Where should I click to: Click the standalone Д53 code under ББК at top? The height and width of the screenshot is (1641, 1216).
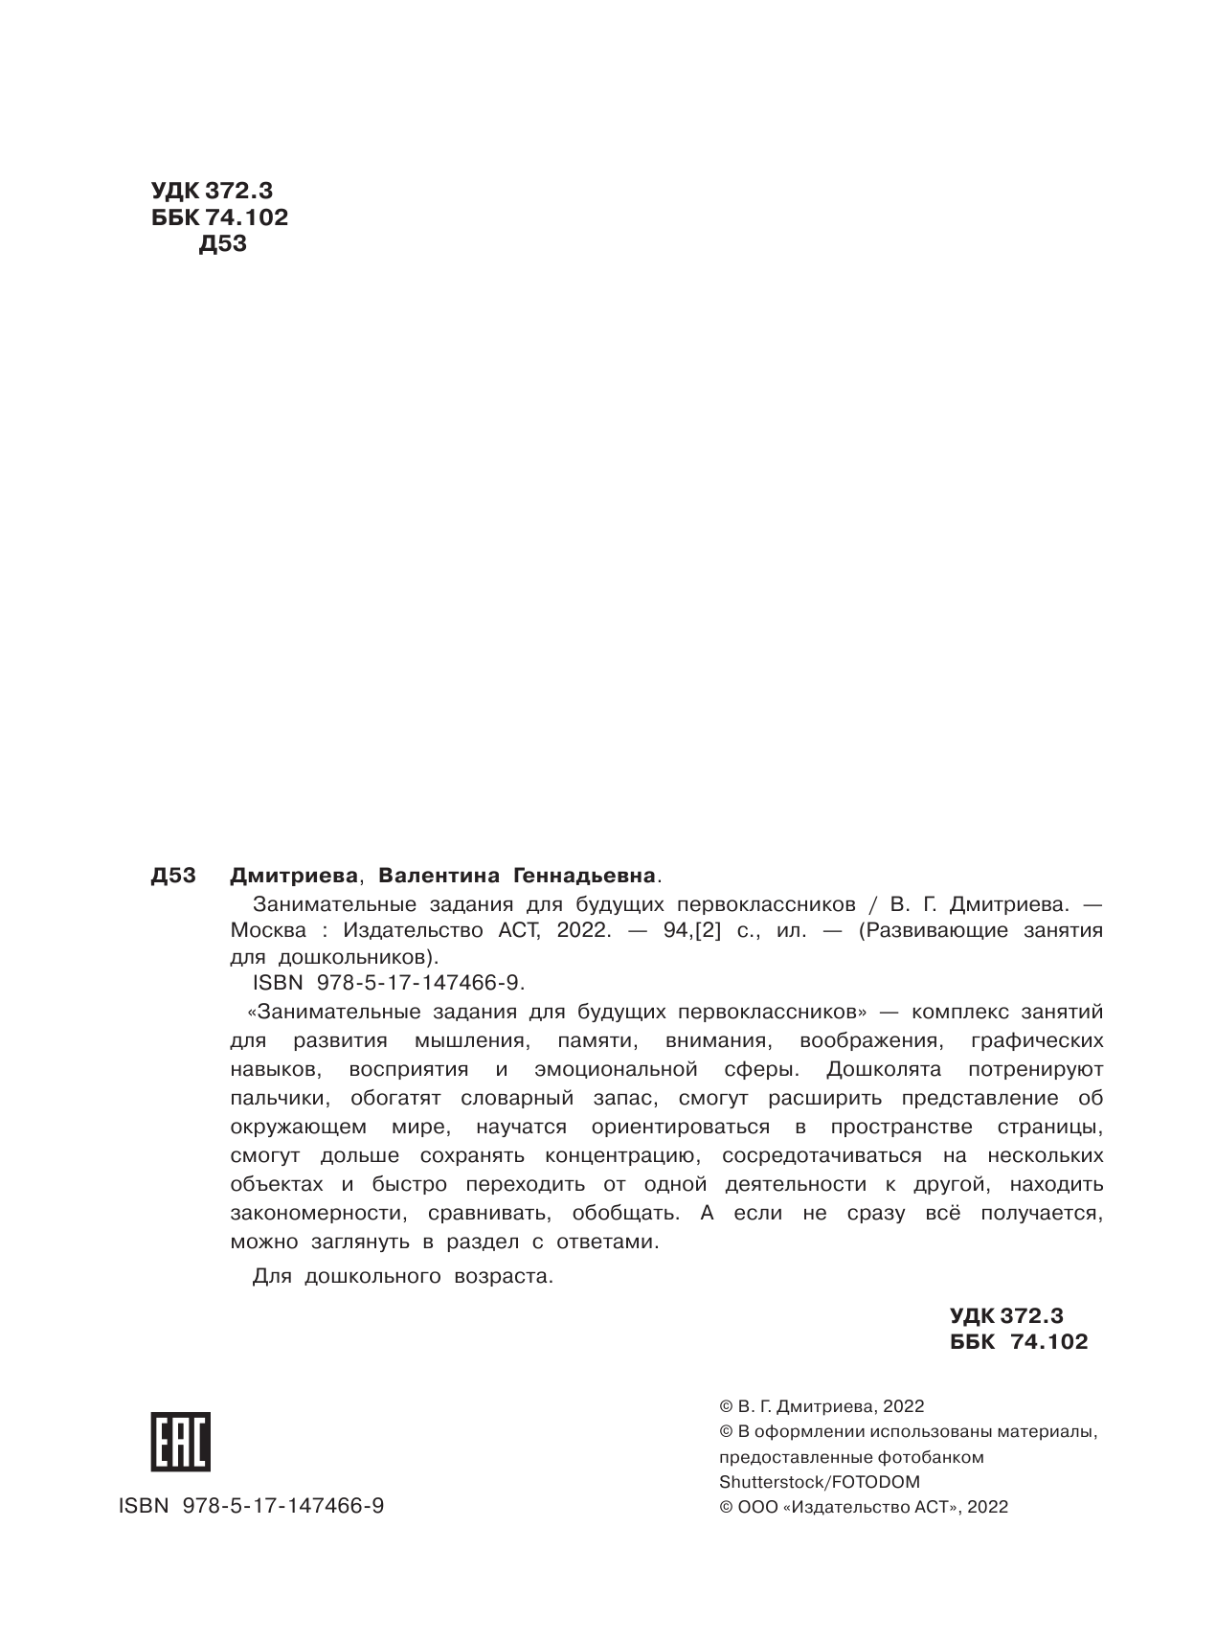click(223, 244)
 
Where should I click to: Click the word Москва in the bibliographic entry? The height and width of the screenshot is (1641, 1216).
click(269, 930)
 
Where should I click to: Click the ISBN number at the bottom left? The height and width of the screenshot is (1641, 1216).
click(251, 1506)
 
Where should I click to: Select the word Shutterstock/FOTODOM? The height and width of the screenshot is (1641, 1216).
click(819, 1482)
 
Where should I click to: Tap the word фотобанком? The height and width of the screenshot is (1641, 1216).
click(930, 1457)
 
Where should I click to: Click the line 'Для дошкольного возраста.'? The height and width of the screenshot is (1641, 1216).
click(403, 1276)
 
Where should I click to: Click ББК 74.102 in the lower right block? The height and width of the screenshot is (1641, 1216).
click(1019, 1342)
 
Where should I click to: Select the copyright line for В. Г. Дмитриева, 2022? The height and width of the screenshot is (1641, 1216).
click(822, 1406)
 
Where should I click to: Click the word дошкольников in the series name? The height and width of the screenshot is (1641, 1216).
click(357, 956)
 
